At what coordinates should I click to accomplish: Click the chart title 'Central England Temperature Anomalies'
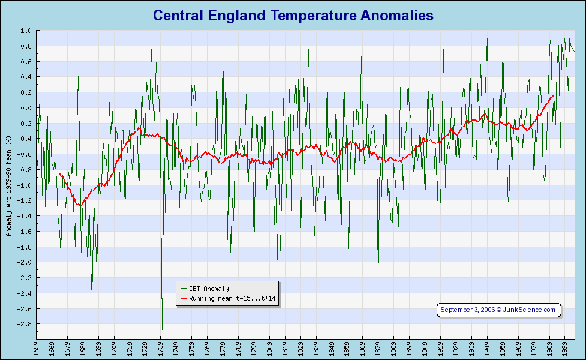(293, 15)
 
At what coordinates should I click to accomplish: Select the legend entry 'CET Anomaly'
(208, 289)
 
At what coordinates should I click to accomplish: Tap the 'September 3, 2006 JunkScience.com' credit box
(498, 310)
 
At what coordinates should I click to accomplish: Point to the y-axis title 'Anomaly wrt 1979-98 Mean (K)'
(8, 185)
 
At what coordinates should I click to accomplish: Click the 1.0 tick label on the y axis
(26, 31)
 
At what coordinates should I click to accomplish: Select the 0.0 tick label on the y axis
(26, 108)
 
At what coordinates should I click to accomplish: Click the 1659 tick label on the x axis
(36, 349)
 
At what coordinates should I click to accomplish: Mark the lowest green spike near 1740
(162, 329)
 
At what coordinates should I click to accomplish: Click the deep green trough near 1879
(378, 285)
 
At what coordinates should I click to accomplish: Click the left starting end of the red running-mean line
(59, 173)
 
